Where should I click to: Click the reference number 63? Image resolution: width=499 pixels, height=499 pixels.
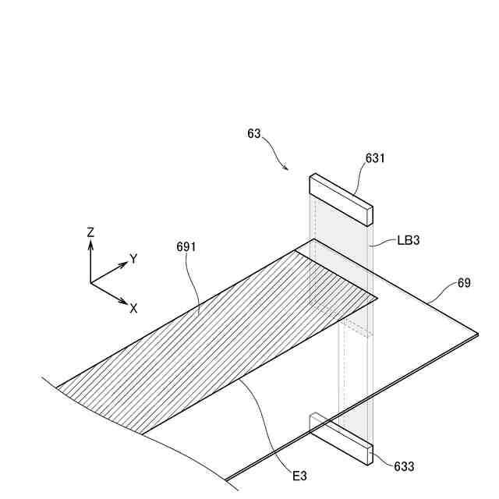tap(254, 134)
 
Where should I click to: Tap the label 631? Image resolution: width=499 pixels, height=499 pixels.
tap(375, 158)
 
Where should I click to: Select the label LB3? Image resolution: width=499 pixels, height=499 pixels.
tap(409, 241)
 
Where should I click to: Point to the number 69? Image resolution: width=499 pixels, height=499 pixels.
tap(464, 284)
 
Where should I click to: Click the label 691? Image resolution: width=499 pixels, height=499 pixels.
tap(186, 247)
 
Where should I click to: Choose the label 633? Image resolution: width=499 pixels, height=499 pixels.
tap(404, 467)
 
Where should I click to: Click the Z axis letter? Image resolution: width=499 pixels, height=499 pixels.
tap(90, 232)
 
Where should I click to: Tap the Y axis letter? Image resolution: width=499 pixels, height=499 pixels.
tap(133, 259)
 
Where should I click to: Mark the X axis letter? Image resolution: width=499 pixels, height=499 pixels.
tap(133, 308)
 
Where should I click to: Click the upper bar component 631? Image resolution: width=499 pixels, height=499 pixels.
tap(341, 197)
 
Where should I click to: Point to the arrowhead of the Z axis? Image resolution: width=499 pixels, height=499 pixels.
tap(90, 242)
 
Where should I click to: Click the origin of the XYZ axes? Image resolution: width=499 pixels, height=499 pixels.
tap(90, 282)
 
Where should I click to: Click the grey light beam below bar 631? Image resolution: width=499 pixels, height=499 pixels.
tap(343, 234)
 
